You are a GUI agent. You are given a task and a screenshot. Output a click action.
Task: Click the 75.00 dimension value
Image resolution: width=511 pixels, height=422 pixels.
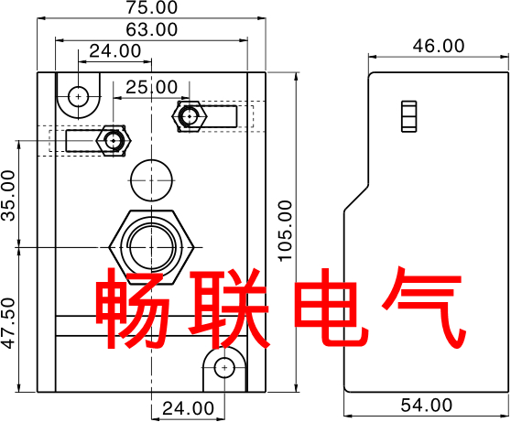click(152, 7)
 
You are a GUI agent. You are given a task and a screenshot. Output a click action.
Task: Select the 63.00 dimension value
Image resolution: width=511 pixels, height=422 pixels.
click(152, 29)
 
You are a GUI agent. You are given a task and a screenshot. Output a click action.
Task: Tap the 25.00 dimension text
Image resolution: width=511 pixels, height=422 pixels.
click(152, 87)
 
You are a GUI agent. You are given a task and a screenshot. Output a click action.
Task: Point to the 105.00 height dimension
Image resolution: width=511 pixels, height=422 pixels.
click(286, 231)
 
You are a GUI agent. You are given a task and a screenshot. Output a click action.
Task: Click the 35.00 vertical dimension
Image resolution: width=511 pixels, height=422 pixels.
click(8, 196)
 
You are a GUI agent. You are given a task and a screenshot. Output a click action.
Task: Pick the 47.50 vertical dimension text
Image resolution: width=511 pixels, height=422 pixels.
click(8, 323)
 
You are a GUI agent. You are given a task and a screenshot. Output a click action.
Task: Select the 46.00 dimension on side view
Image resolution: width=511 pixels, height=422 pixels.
click(439, 46)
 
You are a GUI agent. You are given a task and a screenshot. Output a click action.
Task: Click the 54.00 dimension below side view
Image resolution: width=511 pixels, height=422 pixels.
click(427, 405)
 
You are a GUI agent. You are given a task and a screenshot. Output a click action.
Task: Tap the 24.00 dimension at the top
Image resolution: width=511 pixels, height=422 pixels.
click(115, 51)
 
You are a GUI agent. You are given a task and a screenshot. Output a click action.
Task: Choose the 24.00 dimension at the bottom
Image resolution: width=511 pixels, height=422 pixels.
click(189, 408)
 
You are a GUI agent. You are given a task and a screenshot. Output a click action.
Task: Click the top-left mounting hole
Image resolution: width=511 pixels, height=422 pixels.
click(79, 97)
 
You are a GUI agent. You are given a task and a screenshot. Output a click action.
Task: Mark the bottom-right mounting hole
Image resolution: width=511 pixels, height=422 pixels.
click(224, 368)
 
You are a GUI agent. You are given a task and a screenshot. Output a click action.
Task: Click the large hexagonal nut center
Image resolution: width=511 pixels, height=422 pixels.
click(151, 247)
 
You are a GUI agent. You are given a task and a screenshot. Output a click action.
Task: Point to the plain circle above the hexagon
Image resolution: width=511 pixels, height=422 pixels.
click(151, 180)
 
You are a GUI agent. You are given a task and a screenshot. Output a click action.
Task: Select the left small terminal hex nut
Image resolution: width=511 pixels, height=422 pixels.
click(114, 140)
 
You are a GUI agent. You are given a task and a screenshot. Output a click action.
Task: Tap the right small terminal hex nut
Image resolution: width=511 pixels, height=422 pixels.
click(190, 116)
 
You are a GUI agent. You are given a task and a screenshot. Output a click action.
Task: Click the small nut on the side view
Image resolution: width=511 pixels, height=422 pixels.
click(409, 116)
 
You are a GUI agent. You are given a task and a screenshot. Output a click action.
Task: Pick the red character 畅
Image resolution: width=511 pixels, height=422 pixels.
click(133, 308)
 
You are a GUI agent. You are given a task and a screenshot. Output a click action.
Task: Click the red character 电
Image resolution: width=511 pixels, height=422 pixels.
click(332, 307)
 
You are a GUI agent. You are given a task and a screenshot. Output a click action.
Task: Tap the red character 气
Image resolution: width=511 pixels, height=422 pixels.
click(424, 307)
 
